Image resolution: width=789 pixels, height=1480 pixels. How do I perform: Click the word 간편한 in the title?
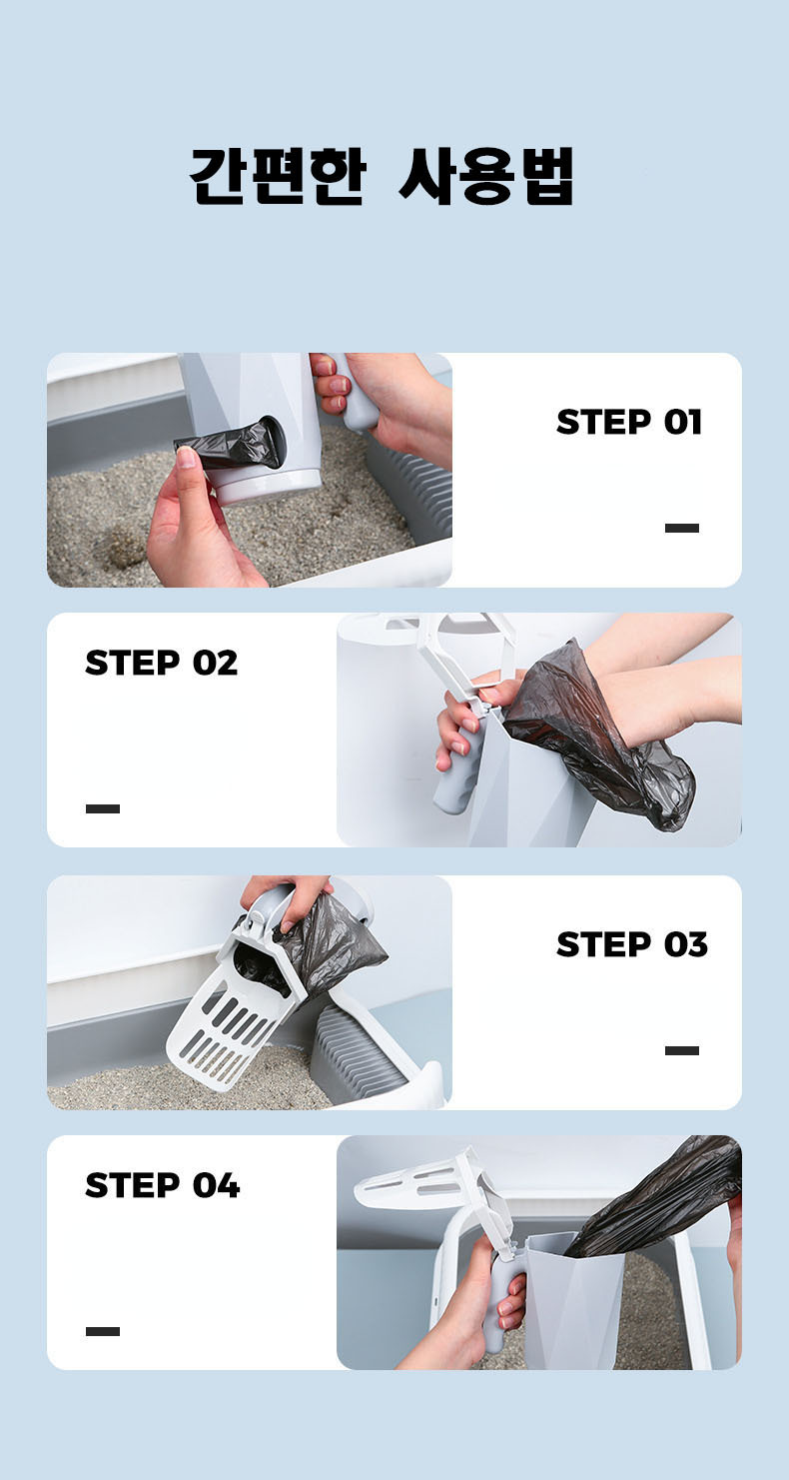278,176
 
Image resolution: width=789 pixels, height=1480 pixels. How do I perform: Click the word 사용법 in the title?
486,176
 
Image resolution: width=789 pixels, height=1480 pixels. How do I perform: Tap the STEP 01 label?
629,422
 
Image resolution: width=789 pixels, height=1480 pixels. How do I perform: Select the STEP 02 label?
161,662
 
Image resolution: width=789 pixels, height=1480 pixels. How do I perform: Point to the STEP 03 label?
632,944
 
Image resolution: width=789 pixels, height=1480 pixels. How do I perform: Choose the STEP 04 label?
163,1184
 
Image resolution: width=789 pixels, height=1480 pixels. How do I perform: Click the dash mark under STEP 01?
682,528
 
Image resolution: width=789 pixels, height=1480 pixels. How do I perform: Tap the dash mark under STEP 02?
103,808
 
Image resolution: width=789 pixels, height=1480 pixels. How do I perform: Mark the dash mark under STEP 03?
682,1050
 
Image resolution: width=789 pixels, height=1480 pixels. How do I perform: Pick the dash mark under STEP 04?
103,1331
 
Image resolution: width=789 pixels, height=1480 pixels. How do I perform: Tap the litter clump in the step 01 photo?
121,547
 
